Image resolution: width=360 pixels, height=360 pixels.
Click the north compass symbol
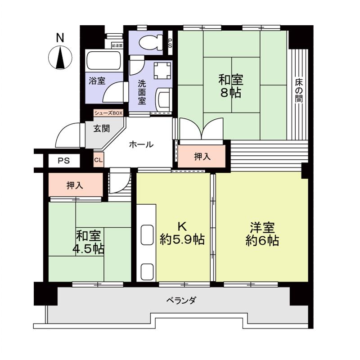click(60, 58)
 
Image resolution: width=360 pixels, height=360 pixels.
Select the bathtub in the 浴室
click(103, 61)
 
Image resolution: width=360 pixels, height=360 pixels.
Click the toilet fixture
click(148, 43)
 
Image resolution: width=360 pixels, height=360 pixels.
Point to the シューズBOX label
click(108, 113)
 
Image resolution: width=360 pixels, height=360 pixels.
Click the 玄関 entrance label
click(101, 128)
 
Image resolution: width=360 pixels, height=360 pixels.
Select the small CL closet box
click(99, 160)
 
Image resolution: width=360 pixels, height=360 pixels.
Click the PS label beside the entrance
click(63, 161)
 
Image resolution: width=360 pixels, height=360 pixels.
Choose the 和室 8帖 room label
click(231, 86)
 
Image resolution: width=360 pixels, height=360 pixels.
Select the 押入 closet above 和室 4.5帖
click(75, 185)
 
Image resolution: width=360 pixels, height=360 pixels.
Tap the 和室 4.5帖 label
click(89, 242)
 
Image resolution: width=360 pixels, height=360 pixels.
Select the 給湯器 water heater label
click(117, 45)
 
